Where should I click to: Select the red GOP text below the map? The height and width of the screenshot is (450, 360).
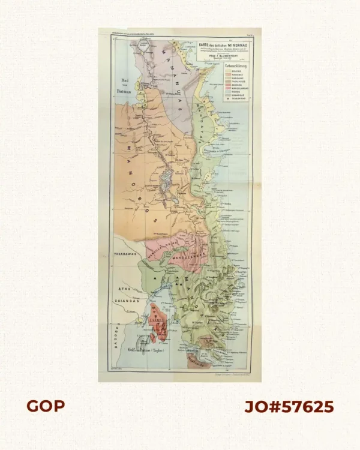click(46, 406)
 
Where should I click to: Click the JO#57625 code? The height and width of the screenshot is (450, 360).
click(289, 406)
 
